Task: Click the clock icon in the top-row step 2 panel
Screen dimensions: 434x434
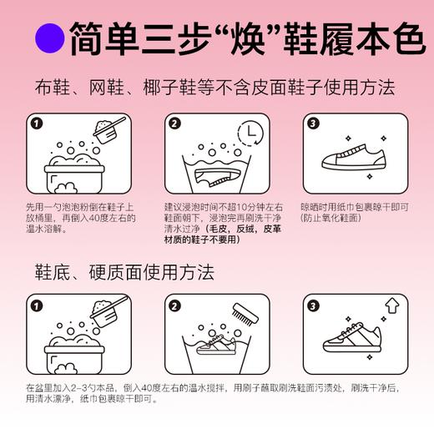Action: point(247,134)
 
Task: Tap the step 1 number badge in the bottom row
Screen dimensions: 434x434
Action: point(35,305)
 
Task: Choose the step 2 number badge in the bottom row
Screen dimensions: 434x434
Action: point(174,305)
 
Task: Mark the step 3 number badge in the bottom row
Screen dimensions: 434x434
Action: point(314,305)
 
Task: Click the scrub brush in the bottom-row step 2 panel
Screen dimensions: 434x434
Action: point(240,315)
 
